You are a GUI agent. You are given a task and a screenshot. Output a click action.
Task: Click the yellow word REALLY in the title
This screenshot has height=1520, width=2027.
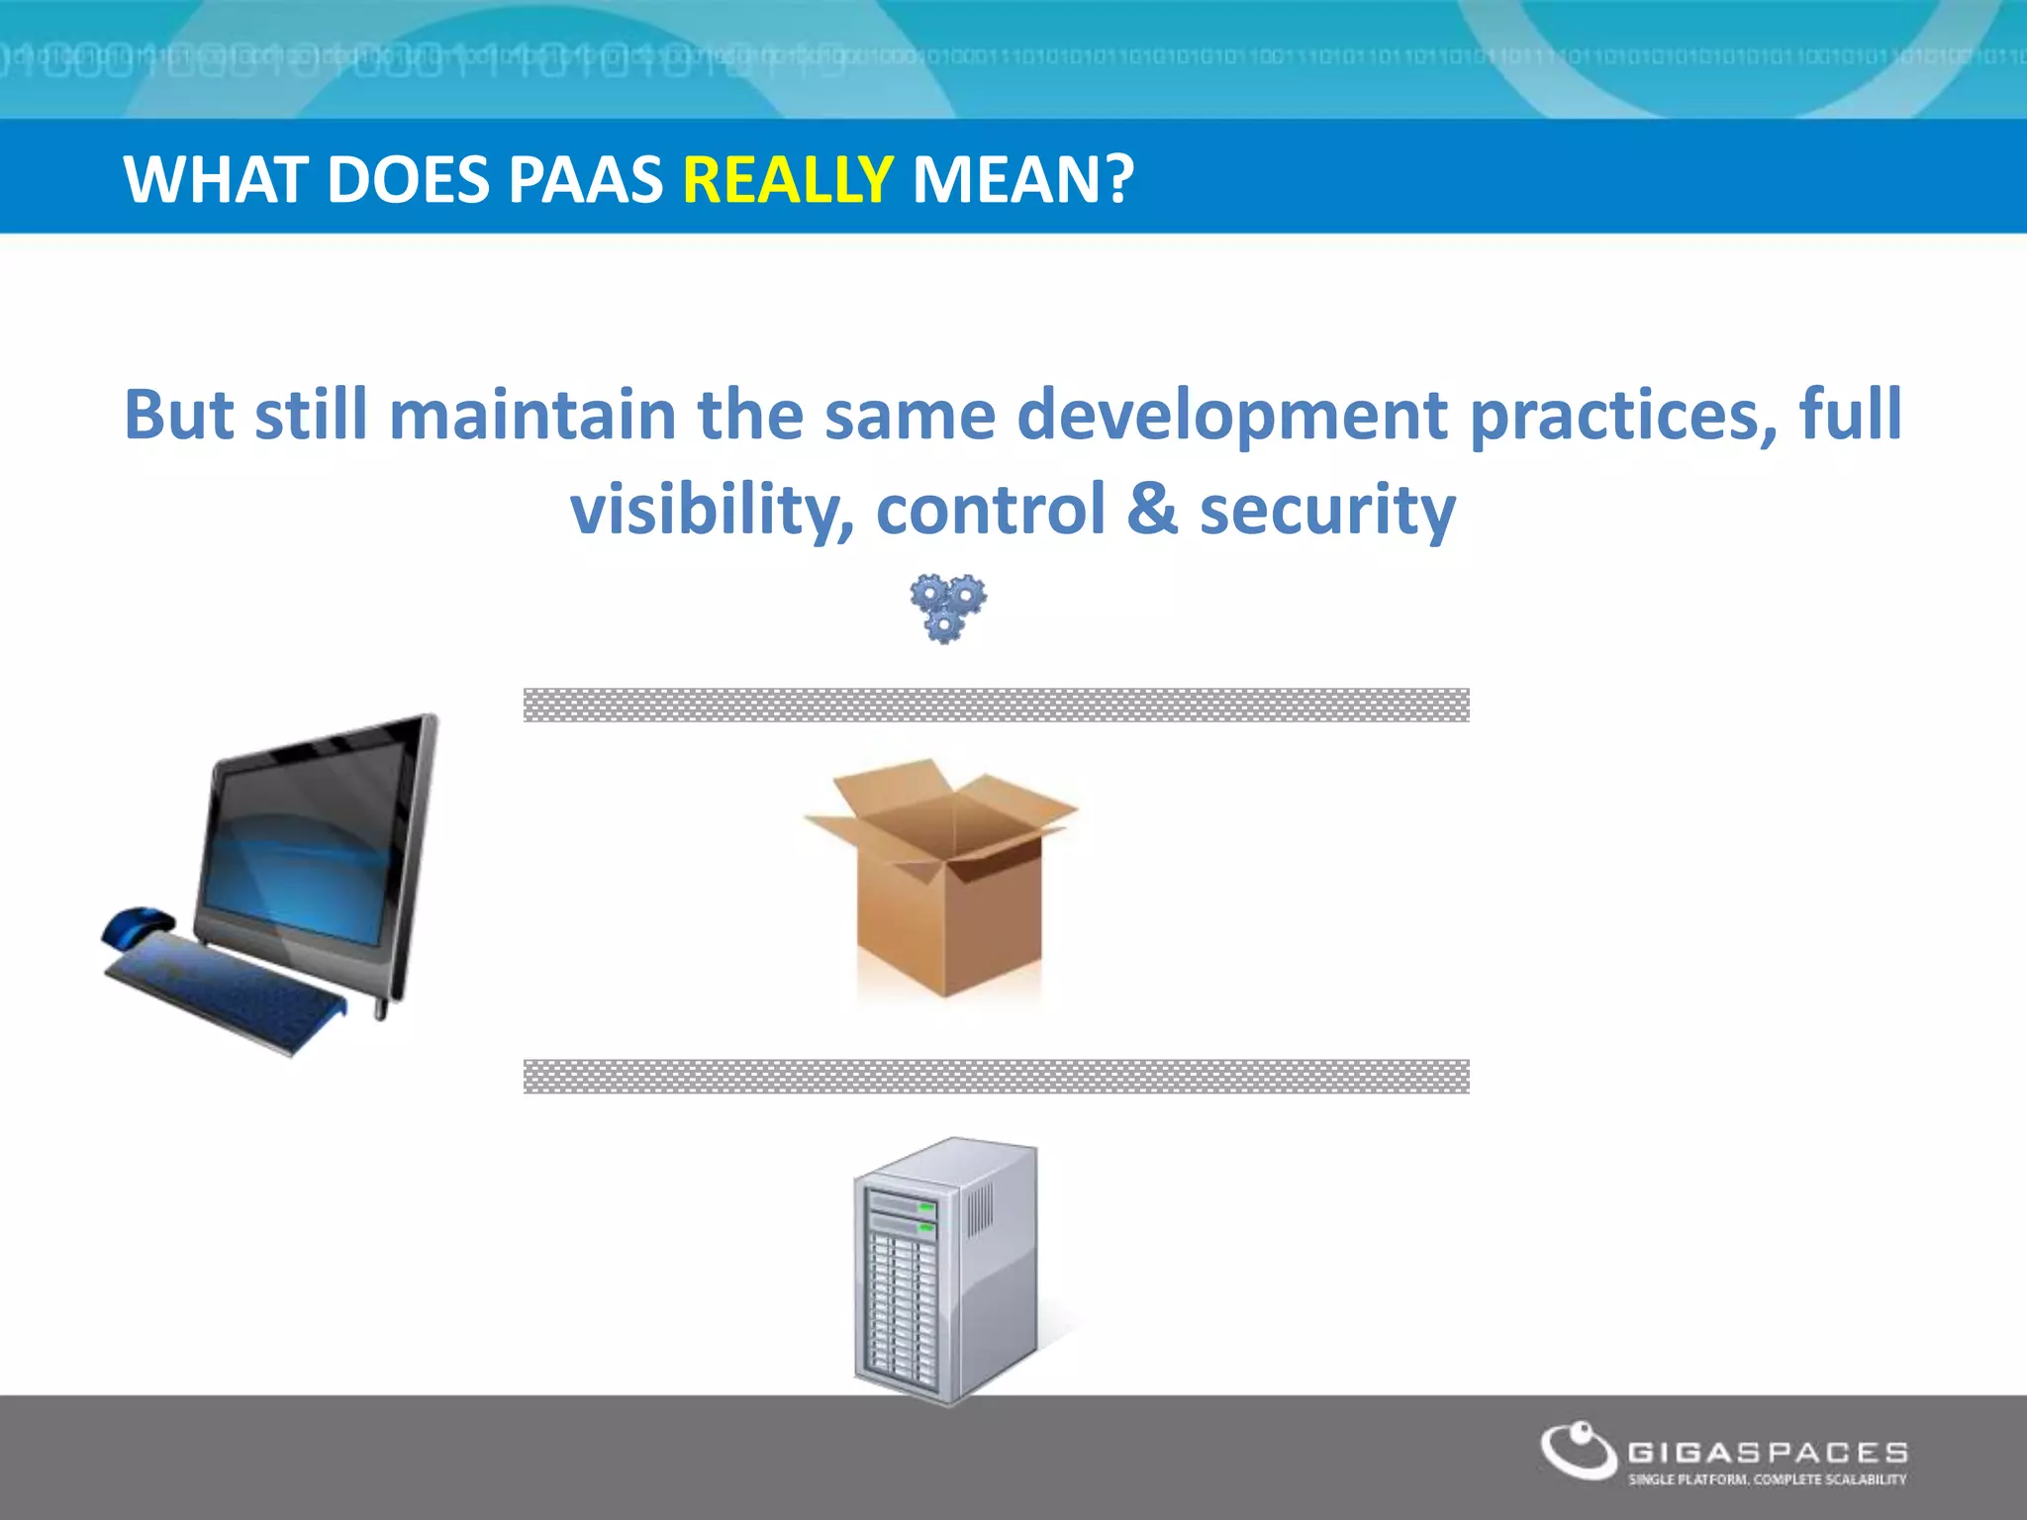[788, 180]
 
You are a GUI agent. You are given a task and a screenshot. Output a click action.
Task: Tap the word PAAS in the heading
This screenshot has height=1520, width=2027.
[585, 180]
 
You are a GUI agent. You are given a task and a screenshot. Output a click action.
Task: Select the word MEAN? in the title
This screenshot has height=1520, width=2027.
[1022, 180]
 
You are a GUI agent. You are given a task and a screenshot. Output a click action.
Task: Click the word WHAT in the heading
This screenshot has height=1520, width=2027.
[216, 180]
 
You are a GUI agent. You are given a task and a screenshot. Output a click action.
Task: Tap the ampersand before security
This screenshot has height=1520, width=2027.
[1152, 510]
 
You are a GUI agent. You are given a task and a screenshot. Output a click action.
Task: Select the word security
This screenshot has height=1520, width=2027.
[1327, 510]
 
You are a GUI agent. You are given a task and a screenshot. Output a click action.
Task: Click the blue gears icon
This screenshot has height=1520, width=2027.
[947, 608]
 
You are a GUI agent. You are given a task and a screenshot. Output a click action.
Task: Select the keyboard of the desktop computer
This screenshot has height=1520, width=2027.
[223, 990]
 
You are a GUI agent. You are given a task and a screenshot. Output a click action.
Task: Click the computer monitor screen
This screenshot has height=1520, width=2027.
[307, 841]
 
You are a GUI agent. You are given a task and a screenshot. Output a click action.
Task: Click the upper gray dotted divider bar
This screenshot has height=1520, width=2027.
[996, 705]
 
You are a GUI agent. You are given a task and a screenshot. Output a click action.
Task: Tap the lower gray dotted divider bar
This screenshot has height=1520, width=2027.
[996, 1076]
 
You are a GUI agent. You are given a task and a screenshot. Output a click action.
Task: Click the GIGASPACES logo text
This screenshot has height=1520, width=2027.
[1768, 1452]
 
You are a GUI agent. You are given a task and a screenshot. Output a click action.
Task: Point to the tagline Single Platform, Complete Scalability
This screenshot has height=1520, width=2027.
[1768, 1479]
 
